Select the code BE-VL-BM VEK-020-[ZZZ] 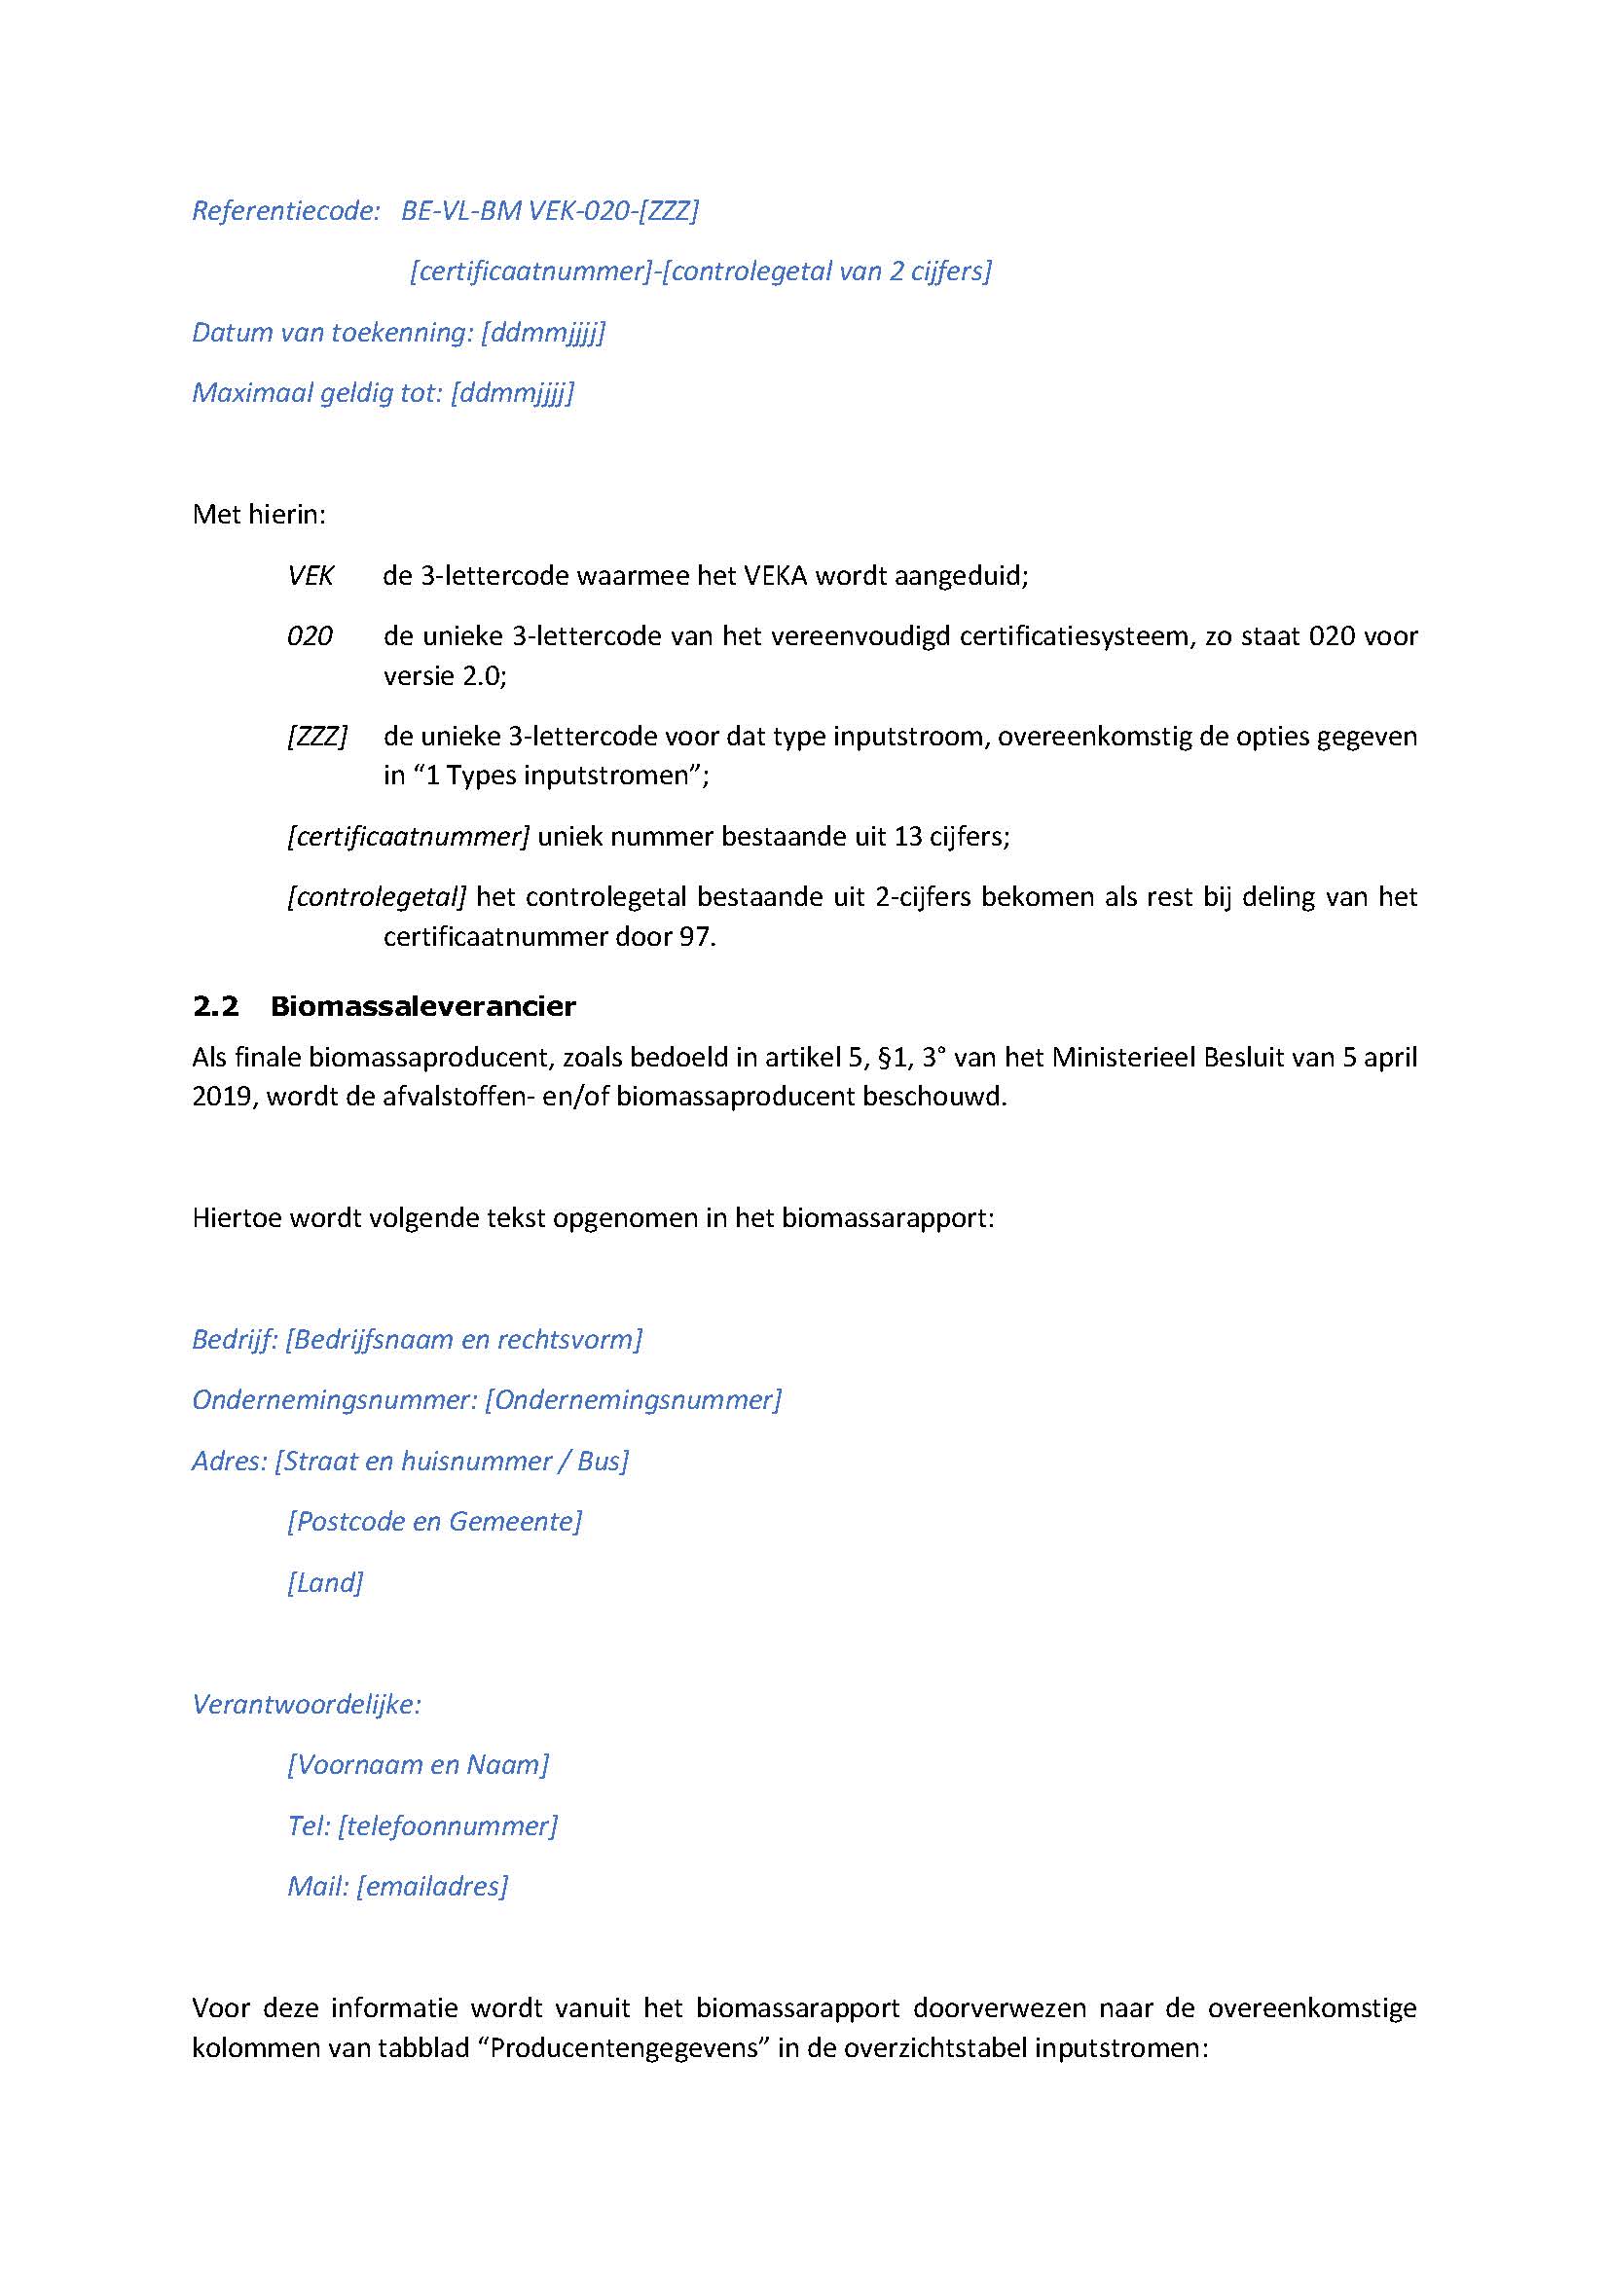tap(549, 211)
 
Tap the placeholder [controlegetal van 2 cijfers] tap(825, 271)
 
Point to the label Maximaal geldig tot tap(317, 393)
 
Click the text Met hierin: tap(259, 515)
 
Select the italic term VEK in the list tap(311, 576)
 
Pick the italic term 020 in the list tap(310, 636)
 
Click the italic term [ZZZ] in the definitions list tap(317, 737)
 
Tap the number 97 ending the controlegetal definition tap(696, 937)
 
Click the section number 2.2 tap(215, 1007)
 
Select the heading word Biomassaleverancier tap(422, 1007)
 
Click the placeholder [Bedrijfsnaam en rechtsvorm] tap(464, 1340)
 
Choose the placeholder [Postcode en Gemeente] tap(434, 1522)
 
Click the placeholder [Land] tap(325, 1582)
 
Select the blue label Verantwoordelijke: tap(307, 1705)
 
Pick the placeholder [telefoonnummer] tap(447, 1825)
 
